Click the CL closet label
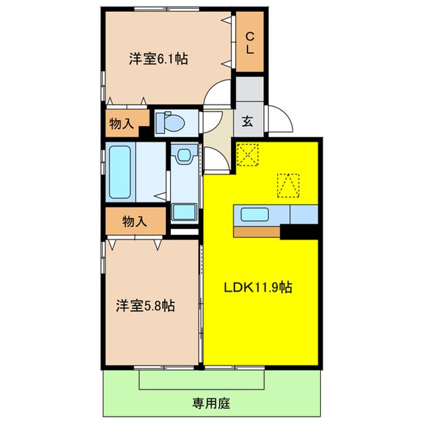pyautogui.click(x=250, y=43)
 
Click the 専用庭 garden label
pyautogui.click(x=210, y=404)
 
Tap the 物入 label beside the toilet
pyautogui.click(x=121, y=123)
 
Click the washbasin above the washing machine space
pyautogui.click(x=185, y=156)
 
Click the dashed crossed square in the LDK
pyautogui.click(x=247, y=156)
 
